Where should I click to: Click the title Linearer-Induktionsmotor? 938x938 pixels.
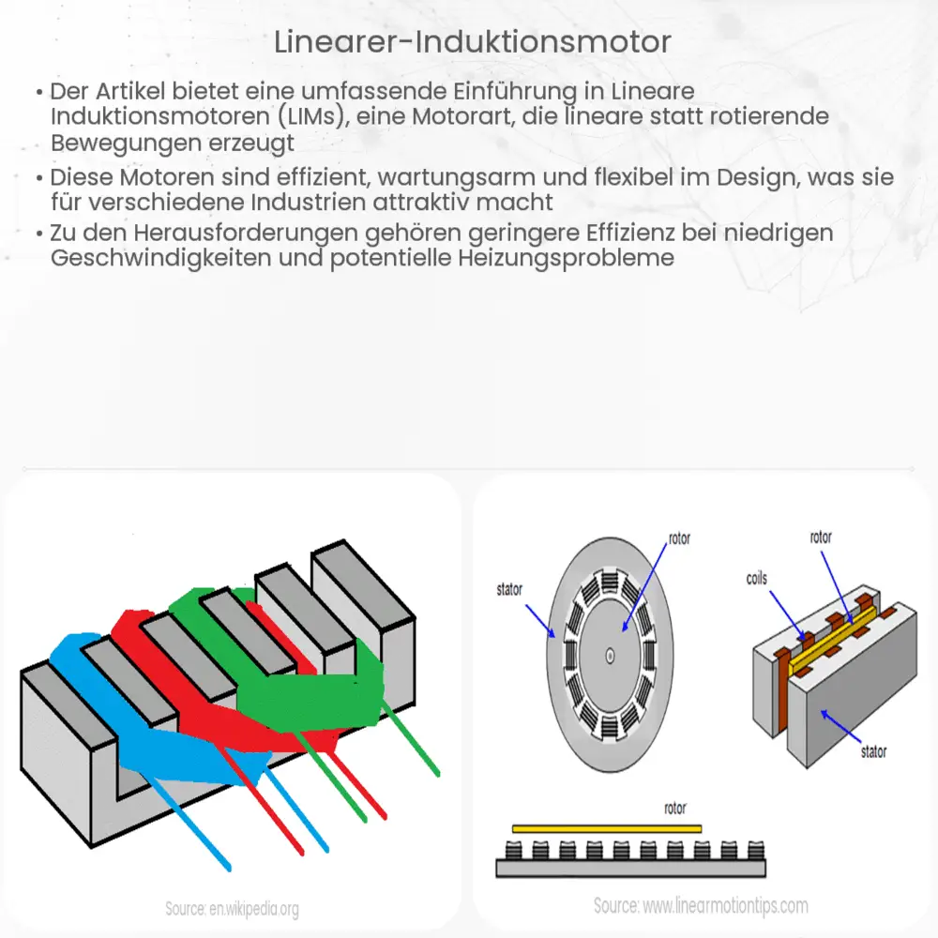468,41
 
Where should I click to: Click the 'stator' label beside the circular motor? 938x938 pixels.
509,590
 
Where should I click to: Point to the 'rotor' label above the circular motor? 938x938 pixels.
679,539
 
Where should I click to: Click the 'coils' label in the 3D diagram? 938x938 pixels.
756,579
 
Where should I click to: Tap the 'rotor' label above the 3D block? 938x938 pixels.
821,537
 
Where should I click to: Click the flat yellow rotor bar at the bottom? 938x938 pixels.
607,829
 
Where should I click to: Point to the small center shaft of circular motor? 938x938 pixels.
611,657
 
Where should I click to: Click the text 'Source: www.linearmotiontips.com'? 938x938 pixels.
701,906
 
